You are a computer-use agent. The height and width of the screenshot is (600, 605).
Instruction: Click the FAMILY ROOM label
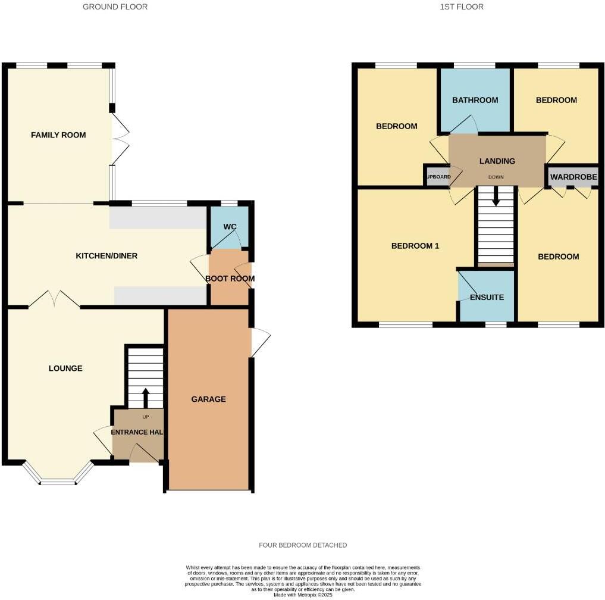click(x=58, y=135)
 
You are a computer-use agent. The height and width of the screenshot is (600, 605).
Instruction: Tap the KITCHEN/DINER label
click(x=106, y=256)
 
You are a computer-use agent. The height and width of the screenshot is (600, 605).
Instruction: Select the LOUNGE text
click(x=65, y=368)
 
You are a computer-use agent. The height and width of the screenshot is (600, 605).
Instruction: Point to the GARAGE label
click(x=208, y=399)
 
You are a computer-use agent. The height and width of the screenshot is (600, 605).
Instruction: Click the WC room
click(x=230, y=227)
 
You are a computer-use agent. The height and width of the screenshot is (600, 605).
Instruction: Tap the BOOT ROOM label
click(x=230, y=279)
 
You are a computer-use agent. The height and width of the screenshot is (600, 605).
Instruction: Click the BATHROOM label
click(x=475, y=100)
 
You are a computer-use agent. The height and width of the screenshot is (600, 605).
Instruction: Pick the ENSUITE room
click(x=487, y=297)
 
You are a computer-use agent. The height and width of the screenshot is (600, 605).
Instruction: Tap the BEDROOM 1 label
click(x=415, y=245)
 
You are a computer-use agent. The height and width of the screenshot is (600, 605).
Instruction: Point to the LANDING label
click(x=497, y=161)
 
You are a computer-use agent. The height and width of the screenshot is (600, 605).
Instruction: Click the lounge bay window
click(x=58, y=480)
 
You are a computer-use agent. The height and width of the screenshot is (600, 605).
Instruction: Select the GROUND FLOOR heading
click(x=115, y=7)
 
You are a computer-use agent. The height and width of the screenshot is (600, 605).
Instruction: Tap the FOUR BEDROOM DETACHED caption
click(x=303, y=545)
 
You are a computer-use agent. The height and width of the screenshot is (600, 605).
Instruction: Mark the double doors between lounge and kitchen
click(x=54, y=299)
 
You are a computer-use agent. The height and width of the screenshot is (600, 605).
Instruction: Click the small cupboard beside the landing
click(x=436, y=177)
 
